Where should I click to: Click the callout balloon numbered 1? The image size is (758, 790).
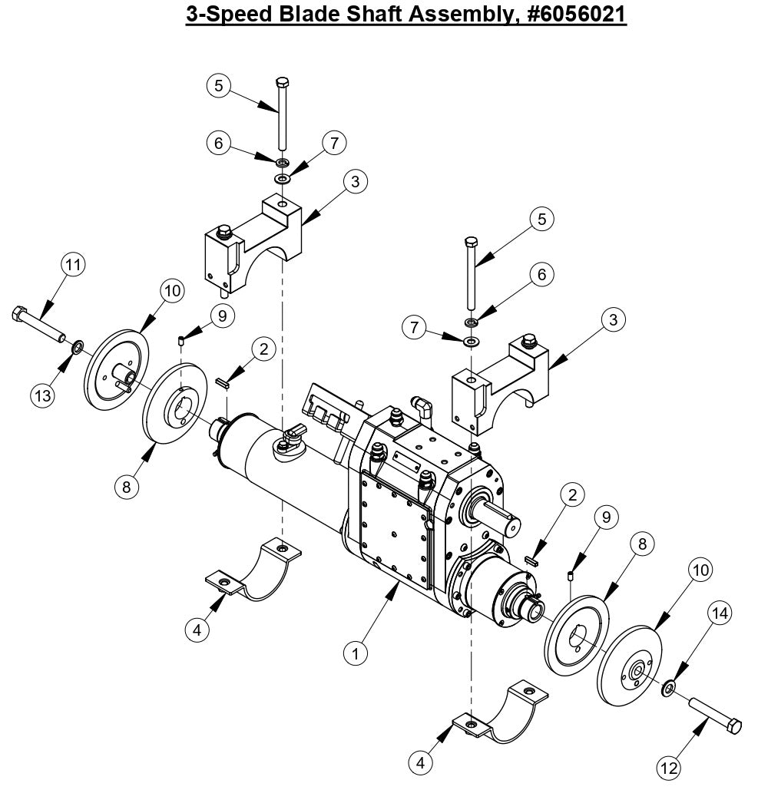[356, 653]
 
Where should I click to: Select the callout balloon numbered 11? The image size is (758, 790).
[73, 266]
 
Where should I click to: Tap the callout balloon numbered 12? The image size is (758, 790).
[670, 766]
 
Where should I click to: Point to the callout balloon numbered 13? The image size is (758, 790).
[43, 395]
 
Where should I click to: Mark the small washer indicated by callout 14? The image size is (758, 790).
[669, 686]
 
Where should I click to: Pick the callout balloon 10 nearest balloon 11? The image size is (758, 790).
[171, 291]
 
